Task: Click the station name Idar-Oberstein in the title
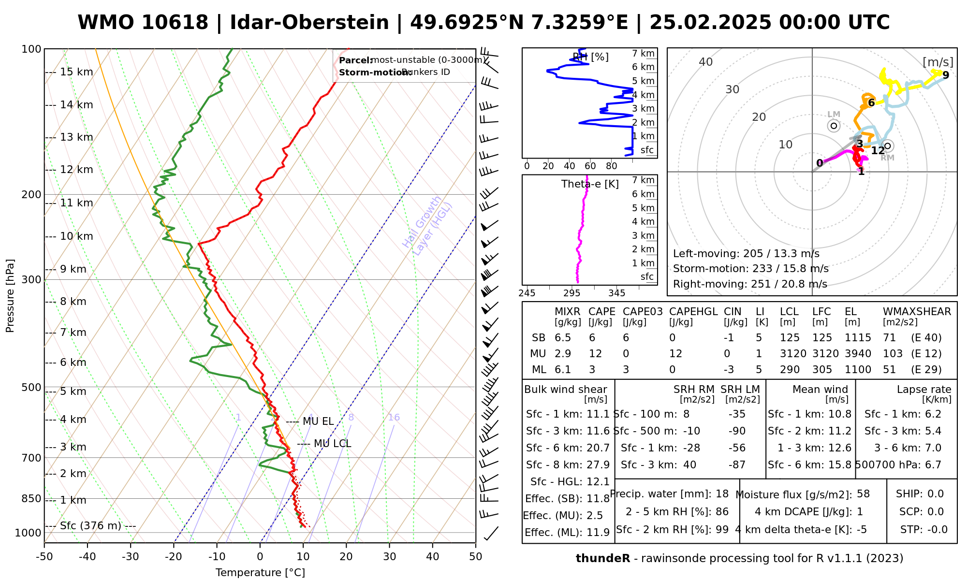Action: point(309,23)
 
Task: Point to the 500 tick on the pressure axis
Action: point(32,387)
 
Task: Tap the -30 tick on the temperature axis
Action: point(131,557)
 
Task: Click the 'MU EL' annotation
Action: point(318,421)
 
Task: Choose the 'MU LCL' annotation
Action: point(332,444)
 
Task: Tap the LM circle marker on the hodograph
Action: point(834,126)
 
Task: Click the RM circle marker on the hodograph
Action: point(887,145)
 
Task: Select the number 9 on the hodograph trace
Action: point(946,75)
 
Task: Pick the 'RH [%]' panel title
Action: point(590,57)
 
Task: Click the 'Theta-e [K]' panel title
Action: point(590,184)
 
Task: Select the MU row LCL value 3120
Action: point(793,354)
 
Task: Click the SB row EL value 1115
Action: point(858,338)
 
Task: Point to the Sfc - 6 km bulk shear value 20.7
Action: point(598,448)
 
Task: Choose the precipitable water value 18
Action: point(722,494)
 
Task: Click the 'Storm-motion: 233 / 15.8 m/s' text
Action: point(750,269)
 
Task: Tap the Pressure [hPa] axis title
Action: point(10,296)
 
